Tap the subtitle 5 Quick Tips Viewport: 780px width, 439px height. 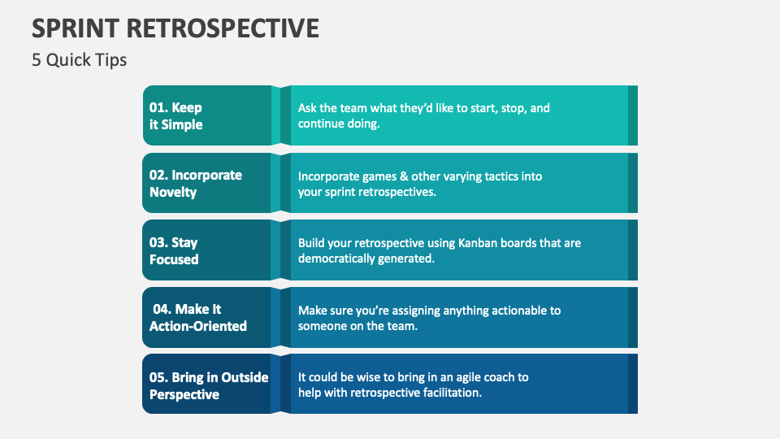pyautogui.click(x=80, y=60)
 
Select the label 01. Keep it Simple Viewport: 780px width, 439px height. pyautogui.click(x=176, y=116)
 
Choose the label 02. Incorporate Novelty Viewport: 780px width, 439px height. pyautogui.click(x=196, y=184)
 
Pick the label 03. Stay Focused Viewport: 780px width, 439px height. pyautogui.click(x=174, y=251)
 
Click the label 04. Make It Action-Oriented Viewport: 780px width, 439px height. pyautogui.click(x=198, y=318)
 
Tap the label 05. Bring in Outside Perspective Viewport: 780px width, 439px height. pyautogui.click(x=209, y=386)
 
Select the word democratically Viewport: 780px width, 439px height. pyautogui.click(x=338, y=259)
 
